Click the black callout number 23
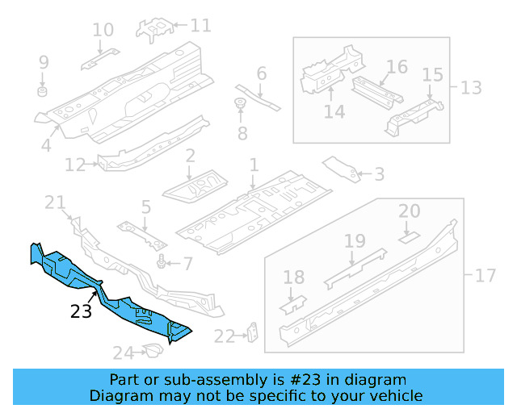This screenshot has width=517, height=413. [x=82, y=311]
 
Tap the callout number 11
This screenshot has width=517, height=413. [x=200, y=26]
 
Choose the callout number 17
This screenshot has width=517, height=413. [x=485, y=276]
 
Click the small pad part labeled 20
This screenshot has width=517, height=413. [x=410, y=237]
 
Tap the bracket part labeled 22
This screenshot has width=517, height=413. [x=253, y=332]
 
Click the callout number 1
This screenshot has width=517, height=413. [x=253, y=165]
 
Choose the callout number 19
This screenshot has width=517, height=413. [x=355, y=240]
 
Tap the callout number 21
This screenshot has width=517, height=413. [x=54, y=202]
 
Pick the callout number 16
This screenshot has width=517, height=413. [x=397, y=66]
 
